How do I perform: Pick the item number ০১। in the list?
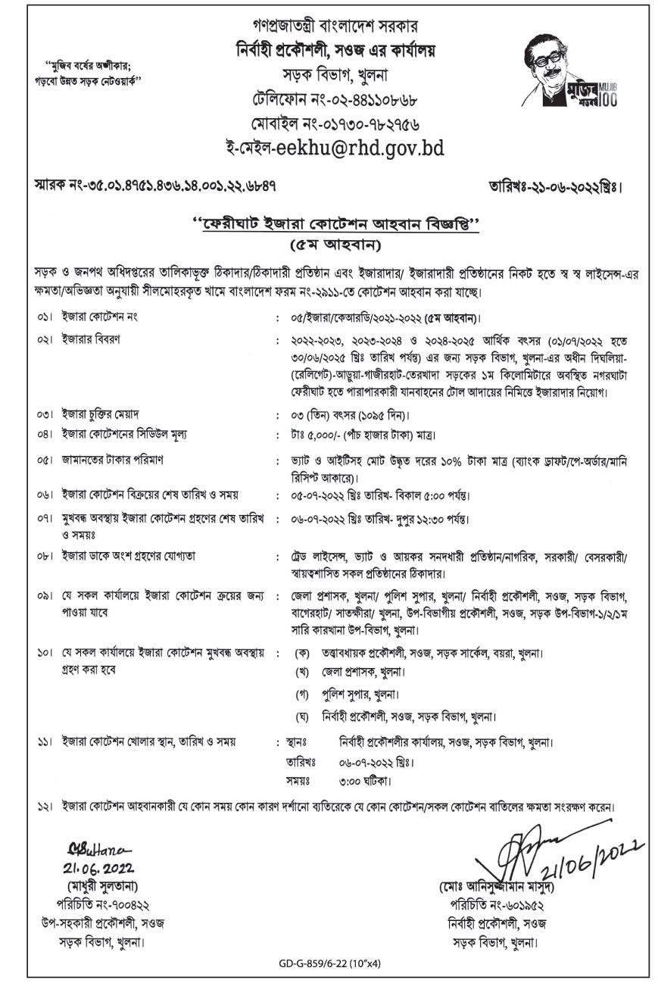pos(44,316)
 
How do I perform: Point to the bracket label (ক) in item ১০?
pos(304,652)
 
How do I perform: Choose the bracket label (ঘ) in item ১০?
pos(304,716)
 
